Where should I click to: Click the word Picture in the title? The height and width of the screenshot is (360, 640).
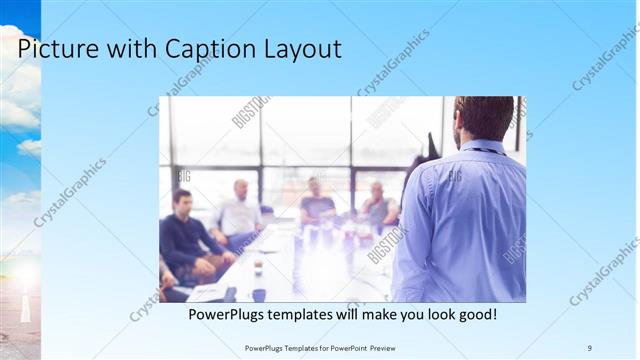pos(59,49)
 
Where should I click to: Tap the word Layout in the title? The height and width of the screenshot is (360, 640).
pos(301,49)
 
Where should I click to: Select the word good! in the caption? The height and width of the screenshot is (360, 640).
pos(475,315)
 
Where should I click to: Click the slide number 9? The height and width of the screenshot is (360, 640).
pos(589,347)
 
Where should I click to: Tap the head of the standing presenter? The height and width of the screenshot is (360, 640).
pos(484,117)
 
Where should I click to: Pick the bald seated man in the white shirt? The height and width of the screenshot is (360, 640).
pos(240,210)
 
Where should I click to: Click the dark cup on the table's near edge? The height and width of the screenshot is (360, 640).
pos(259,294)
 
